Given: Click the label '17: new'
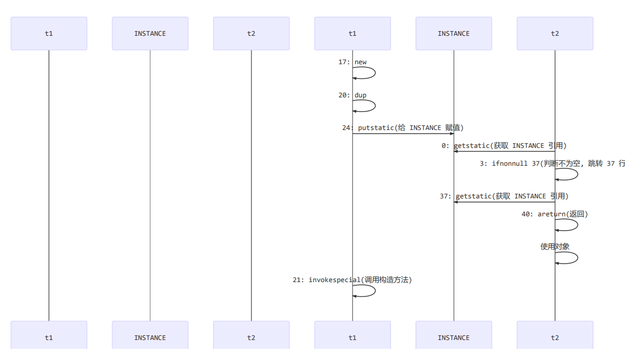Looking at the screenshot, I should pos(352,62).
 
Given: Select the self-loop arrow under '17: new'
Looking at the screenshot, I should pos(375,73).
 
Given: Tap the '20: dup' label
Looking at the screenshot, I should pos(352,95).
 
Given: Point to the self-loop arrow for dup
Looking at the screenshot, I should pos(375,106).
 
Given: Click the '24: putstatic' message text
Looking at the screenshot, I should pos(402,128).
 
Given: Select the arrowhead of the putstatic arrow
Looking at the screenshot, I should pos(451,134).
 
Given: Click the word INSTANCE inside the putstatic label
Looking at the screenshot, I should pos(425,128).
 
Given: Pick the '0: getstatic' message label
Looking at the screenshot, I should pos(504,146).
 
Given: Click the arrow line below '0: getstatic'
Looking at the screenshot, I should pos(504,152).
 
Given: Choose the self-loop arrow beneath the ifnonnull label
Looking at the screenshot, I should pos(577,174).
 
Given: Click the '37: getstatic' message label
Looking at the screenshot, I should pos(504,196).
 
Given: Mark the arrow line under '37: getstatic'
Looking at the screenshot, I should pos(504,202).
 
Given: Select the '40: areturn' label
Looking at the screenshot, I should pos(555,214).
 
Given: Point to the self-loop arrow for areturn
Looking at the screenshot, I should pos(577,225).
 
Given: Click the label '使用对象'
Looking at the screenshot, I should pos(555,246).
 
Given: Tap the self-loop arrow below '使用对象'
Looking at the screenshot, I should pos(577,257).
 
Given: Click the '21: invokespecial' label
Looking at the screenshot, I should pos(352,280).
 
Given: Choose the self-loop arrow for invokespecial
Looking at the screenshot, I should pos(375,291).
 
